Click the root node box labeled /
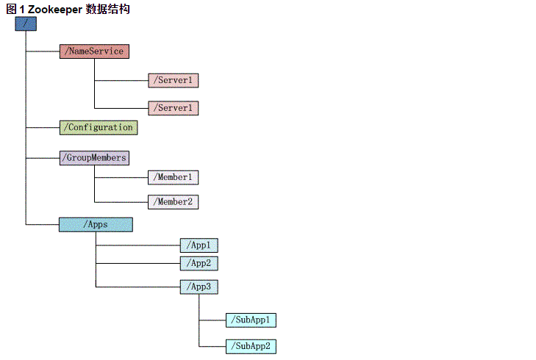tap(25, 24)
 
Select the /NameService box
tap(94, 51)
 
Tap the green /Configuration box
tap(99, 127)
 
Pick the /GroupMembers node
tap(94, 158)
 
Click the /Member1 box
tap(174, 177)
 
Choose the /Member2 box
tap(174, 201)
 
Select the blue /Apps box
tap(96, 225)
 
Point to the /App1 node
tap(199, 245)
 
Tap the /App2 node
tap(199, 263)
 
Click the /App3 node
tap(199, 287)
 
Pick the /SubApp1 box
tap(251, 320)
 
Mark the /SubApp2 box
tap(251, 346)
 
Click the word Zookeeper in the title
tap(54, 9)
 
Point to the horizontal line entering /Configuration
tap(43, 127)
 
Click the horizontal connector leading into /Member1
tap(121, 177)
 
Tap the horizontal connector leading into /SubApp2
tap(212, 346)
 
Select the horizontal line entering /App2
tap(138, 263)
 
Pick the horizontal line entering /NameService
tap(43, 51)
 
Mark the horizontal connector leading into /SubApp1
tap(212, 320)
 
